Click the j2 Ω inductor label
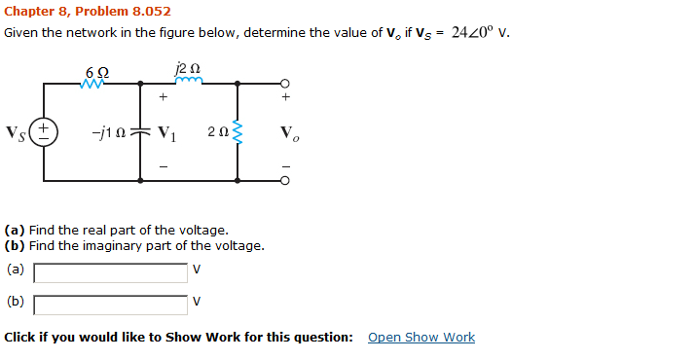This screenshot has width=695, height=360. [x=188, y=69]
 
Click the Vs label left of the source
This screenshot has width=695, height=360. [x=17, y=132]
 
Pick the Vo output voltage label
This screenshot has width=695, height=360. [x=289, y=132]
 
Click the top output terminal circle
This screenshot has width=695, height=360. [x=284, y=83]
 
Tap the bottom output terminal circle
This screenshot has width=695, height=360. [x=284, y=181]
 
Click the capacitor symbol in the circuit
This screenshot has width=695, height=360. [x=141, y=131]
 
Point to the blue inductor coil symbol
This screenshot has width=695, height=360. [x=188, y=83]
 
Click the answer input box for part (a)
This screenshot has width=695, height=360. [x=111, y=272]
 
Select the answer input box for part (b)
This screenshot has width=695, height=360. [x=111, y=306]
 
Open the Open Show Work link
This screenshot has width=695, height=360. [x=421, y=338]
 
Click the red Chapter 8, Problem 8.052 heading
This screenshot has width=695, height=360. [x=88, y=12]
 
